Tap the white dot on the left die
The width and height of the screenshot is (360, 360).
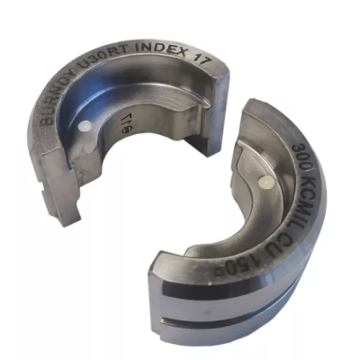84,126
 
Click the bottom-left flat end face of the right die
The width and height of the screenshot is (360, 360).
162,278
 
